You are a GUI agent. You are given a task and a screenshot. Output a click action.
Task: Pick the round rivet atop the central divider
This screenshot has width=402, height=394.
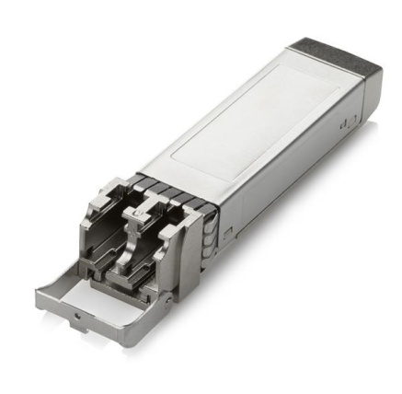click(x=139, y=213)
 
